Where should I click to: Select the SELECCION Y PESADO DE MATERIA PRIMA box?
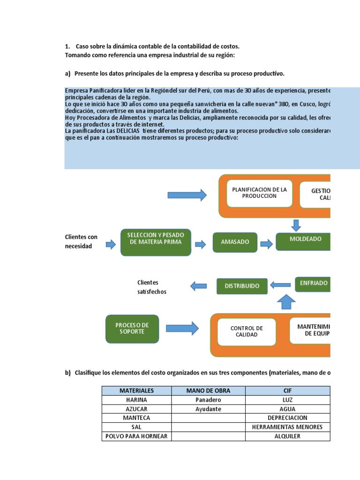click(x=156, y=242)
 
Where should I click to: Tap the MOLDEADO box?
click(x=304, y=239)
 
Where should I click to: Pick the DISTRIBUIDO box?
click(x=241, y=285)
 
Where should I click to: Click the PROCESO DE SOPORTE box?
click(x=132, y=328)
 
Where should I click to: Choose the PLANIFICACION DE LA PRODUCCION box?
click(x=259, y=192)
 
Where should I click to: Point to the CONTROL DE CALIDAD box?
click(x=247, y=331)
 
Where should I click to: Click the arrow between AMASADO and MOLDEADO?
click(x=266, y=244)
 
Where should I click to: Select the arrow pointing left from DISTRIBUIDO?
click(x=198, y=285)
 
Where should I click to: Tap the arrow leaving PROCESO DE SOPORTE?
click(x=182, y=328)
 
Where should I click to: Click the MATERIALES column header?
click(x=137, y=390)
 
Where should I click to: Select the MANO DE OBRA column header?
click(x=208, y=390)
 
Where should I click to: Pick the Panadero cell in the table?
click(x=208, y=400)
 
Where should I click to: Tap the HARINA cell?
click(x=137, y=400)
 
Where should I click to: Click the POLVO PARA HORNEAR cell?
click(x=137, y=436)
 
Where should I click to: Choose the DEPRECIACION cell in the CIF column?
click(x=287, y=418)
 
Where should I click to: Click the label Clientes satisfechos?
click(x=151, y=287)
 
